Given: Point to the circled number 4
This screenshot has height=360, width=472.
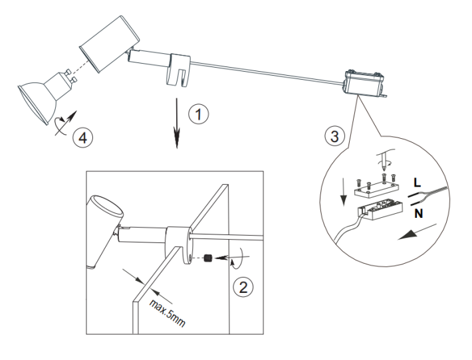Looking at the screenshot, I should coord(84,137).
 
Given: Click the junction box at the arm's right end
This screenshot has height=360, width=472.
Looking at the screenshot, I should coord(363,84).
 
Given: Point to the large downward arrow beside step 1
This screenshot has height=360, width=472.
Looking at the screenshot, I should coord(177,122).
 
